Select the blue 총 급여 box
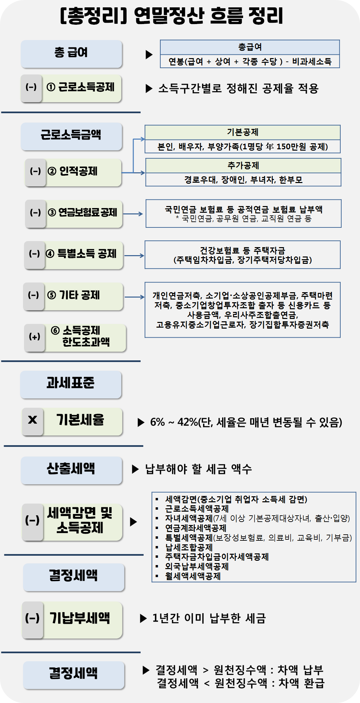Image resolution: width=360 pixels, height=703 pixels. [71, 53]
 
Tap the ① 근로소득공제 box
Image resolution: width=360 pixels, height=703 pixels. [81, 87]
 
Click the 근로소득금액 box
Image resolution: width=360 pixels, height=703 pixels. [71, 135]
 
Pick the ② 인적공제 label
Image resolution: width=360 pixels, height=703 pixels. [78, 172]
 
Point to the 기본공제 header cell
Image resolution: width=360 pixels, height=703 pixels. [242, 132]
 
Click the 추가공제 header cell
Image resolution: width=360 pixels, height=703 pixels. [243, 165]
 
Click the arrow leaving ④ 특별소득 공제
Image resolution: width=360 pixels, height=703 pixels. [134, 255]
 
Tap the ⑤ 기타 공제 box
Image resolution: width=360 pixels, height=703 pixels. [80, 296]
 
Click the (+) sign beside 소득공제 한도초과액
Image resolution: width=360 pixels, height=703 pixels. [34, 337]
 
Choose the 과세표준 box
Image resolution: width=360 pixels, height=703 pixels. [70, 383]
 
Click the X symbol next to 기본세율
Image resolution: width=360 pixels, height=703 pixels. [33, 420]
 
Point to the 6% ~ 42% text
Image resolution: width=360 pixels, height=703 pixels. [174, 422]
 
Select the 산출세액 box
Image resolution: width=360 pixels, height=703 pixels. [71, 469]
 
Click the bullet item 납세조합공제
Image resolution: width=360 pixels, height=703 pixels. [189, 547]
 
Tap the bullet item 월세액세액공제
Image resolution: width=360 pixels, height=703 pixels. [193, 576]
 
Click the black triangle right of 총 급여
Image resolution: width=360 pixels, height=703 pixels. [149, 54]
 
